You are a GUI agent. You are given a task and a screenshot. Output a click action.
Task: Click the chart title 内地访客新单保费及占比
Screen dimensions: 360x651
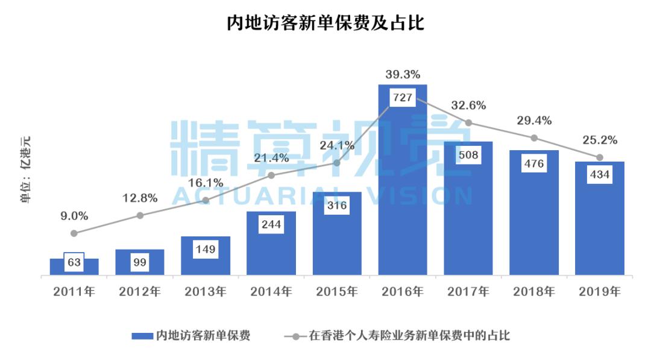click(x=325, y=23)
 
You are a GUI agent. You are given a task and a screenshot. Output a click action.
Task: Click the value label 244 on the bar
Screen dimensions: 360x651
click(x=271, y=224)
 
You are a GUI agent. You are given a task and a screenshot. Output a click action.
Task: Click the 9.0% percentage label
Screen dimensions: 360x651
click(x=74, y=215)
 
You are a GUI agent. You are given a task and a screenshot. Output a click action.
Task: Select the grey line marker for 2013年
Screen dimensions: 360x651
click(x=206, y=200)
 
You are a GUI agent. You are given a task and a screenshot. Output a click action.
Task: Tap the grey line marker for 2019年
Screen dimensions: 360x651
click(x=600, y=157)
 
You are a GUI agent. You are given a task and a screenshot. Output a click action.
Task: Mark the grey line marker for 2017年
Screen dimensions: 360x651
click(x=468, y=123)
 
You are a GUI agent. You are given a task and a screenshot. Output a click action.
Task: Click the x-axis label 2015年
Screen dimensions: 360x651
click(x=337, y=292)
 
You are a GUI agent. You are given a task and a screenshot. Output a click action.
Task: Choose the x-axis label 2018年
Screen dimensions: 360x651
click(x=534, y=292)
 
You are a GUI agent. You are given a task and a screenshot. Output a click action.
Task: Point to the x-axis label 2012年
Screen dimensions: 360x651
click(x=140, y=292)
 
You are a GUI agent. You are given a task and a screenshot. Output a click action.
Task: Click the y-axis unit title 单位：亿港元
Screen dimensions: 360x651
click(x=26, y=169)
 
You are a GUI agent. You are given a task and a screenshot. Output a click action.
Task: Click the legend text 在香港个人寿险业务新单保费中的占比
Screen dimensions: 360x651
click(x=409, y=335)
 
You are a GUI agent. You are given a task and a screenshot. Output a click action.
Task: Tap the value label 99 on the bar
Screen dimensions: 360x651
click(x=140, y=263)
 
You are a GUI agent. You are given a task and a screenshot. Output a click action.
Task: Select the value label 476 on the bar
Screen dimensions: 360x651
click(x=534, y=163)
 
